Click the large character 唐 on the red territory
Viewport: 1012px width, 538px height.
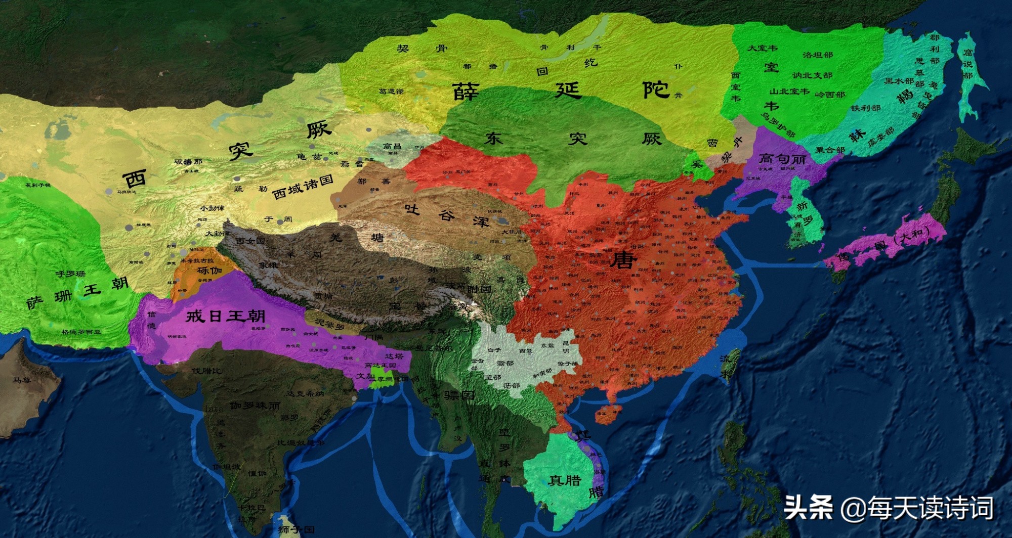point(623,260)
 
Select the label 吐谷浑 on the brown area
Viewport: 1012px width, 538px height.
point(446,216)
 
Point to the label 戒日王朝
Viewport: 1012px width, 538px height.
point(225,317)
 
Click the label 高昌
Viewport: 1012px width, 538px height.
point(392,147)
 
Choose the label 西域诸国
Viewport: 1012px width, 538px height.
point(303,188)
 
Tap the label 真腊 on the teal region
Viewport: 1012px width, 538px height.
point(565,480)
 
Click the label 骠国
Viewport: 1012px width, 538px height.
point(459,395)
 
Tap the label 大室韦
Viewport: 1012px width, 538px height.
point(763,48)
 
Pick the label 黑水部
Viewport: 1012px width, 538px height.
point(899,81)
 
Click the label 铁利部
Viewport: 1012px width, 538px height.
point(865,108)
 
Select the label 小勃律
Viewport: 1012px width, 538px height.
point(212,208)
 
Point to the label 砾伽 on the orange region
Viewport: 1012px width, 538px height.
point(210,270)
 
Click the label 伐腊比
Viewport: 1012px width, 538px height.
point(206,371)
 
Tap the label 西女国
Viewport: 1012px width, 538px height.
point(250,241)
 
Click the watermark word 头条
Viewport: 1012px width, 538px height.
point(808,507)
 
